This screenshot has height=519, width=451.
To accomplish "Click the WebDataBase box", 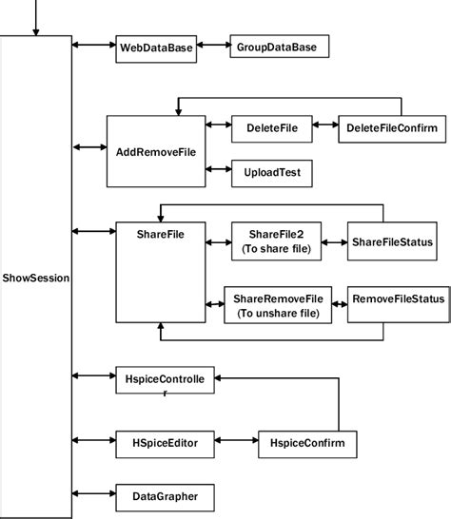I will [156, 48].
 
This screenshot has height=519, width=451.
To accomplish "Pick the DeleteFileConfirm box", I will [391, 126].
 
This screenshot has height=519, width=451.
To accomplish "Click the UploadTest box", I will [272, 173].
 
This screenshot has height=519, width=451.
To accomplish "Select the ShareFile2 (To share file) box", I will [275, 241].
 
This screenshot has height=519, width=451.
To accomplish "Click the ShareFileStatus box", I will [392, 243].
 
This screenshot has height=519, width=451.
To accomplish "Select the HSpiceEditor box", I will [163, 441].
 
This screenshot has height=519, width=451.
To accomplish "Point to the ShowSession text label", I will [36, 279].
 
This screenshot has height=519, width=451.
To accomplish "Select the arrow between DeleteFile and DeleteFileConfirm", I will [324, 126].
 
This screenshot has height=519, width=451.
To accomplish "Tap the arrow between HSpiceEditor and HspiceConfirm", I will [236, 442].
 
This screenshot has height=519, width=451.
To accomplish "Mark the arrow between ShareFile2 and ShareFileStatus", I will [335, 243].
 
